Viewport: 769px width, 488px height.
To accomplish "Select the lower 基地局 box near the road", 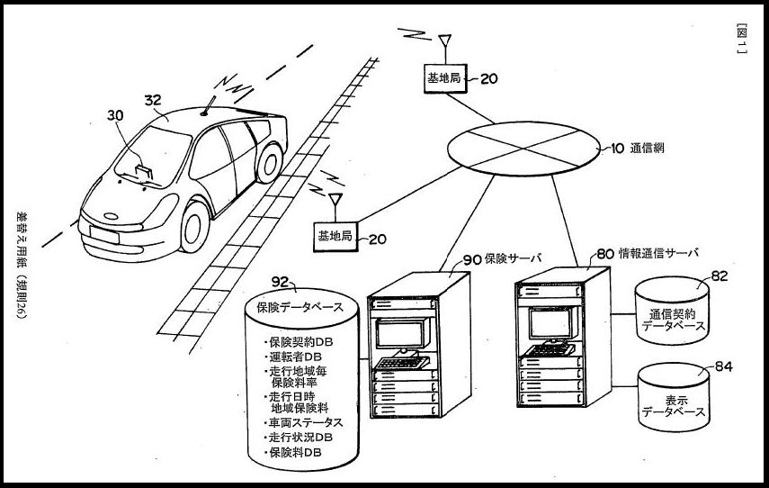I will (335, 237).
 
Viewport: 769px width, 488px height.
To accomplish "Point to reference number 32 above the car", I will (153, 101).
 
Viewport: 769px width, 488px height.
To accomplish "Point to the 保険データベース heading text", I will (300, 307).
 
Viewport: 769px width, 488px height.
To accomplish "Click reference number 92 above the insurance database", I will (280, 281).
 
